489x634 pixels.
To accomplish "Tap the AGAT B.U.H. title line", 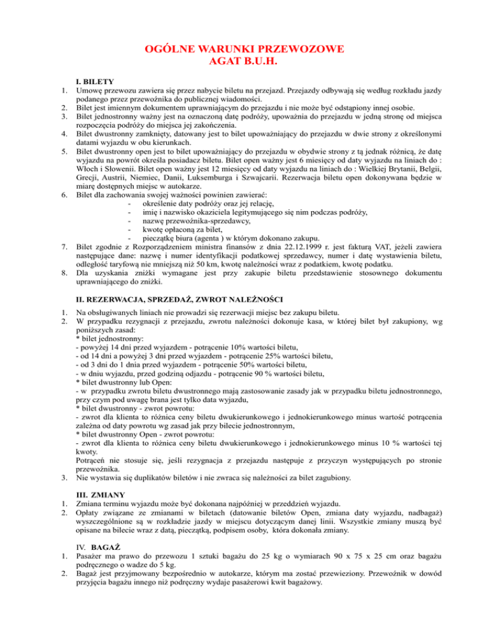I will [x=244, y=62].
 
